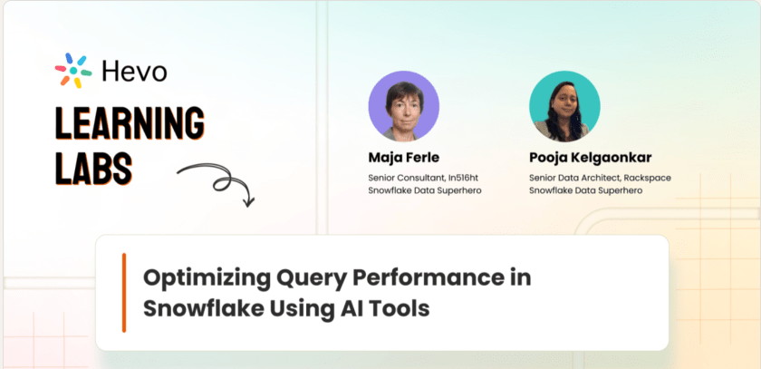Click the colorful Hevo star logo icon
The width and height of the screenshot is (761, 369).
[x=73, y=71]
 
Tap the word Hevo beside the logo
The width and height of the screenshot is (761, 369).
[x=134, y=72]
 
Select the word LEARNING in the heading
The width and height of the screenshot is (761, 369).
[x=130, y=122]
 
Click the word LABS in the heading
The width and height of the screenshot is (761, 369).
[x=93, y=168]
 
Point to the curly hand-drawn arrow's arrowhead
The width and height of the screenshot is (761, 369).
[x=248, y=200]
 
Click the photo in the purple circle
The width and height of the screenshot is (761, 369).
[x=404, y=106]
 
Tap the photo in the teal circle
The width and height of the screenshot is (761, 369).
[x=564, y=106]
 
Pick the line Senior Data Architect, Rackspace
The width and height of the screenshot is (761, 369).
[x=600, y=178]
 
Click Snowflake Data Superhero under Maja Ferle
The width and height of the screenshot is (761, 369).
[x=425, y=190]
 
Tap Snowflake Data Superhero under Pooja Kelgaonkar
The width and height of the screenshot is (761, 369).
[x=586, y=190]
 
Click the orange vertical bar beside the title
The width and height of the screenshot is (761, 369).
[x=124, y=293]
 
